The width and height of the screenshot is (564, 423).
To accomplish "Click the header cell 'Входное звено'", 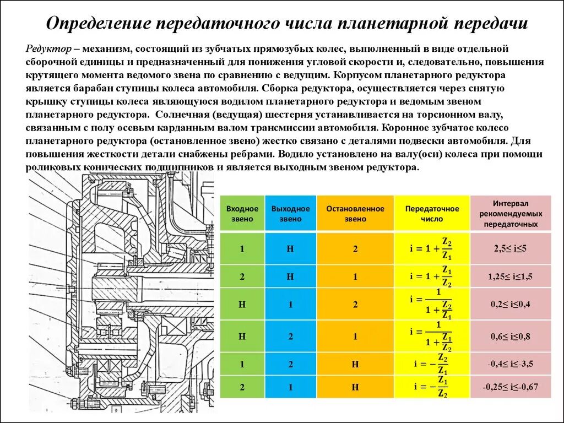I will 242,214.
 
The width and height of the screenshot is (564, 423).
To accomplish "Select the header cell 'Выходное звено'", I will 290,214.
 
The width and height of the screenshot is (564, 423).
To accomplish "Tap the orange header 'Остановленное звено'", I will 355,214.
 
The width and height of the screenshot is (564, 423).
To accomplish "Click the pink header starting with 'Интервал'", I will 511,214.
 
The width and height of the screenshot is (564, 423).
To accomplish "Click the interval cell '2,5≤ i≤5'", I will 511,248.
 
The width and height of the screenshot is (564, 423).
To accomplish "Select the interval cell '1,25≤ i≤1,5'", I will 511,276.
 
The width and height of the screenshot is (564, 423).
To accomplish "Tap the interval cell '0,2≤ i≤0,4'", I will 511,304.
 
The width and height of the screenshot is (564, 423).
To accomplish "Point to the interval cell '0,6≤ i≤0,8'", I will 511,336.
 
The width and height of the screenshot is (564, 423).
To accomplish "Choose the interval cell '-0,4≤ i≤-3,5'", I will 511,364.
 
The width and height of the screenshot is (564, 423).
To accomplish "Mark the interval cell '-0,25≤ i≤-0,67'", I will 511,387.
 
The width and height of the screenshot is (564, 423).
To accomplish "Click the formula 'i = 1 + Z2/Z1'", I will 432,248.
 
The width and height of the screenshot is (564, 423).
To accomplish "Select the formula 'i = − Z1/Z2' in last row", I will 432,387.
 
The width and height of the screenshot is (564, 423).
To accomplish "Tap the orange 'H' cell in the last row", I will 355,387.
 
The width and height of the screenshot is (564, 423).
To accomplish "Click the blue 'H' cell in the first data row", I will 290,248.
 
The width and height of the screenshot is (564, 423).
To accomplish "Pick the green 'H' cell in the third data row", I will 242,304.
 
